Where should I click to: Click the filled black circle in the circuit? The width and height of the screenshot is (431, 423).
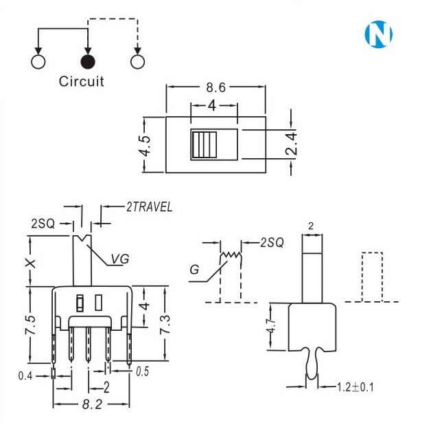click(x=87, y=62)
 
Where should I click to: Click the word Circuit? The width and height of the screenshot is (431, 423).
click(x=82, y=82)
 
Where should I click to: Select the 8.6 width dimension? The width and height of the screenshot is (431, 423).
click(x=217, y=87)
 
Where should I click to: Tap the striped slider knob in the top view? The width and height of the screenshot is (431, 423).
click(x=204, y=144)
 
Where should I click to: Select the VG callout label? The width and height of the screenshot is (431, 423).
click(x=120, y=259)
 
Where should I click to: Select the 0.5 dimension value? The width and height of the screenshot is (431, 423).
click(x=142, y=372)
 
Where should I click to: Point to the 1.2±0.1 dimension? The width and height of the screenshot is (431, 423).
click(x=356, y=387)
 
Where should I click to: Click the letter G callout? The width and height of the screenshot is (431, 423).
click(x=196, y=270)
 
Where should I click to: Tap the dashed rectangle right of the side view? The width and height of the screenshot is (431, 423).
click(x=371, y=277)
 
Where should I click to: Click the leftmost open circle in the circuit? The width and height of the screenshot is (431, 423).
click(x=38, y=62)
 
